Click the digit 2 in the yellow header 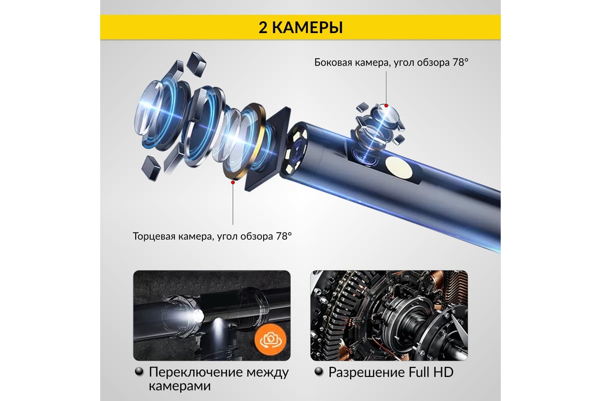(x=263, y=28)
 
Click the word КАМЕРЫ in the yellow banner (x=308, y=28)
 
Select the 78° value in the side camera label (x=461, y=62)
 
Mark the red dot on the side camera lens (x=386, y=106)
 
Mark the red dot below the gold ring (x=233, y=182)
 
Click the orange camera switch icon (x=271, y=339)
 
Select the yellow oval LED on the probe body (x=399, y=167)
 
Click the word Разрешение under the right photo (x=367, y=372)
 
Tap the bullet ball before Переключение (x=139, y=372)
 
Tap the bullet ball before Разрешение (x=319, y=372)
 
